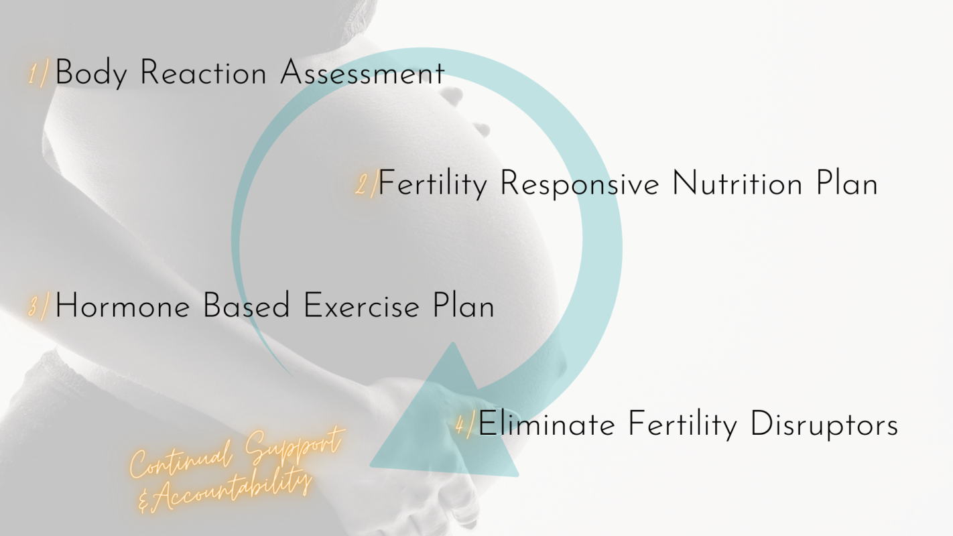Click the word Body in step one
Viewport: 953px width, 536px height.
click(x=91, y=73)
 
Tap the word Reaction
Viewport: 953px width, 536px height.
click(x=203, y=72)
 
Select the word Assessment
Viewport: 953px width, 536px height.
click(x=362, y=73)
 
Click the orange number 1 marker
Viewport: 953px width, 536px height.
click(x=38, y=73)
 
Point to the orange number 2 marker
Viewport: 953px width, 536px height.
click(x=367, y=184)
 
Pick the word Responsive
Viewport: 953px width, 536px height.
click(x=580, y=184)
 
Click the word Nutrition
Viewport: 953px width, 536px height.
click(x=737, y=184)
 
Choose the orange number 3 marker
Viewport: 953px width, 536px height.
click(x=39, y=306)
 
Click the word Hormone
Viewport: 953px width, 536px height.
click(x=123, y=305)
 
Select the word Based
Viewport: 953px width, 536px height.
click(x=246, y=305)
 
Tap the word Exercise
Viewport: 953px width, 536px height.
click(x=361, y=305)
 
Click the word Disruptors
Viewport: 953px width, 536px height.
click(x=824, y=424)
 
